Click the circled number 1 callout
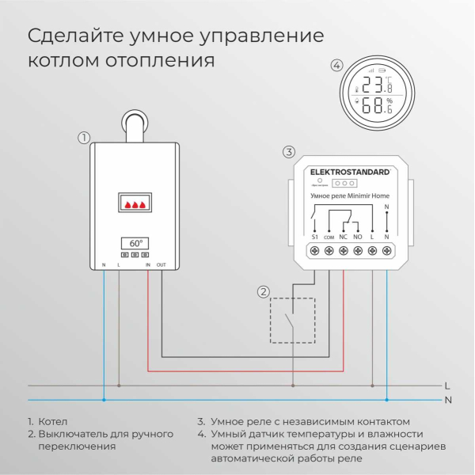point(84,138)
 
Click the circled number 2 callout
point(263,292)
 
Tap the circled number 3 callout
point(289,151)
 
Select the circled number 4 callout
point(337,66)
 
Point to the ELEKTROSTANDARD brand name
point(349,171)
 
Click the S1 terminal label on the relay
point(313,236)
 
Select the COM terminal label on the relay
point(329,237)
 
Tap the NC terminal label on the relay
point(343,236)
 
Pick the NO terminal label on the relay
point(358,236)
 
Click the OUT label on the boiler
point(161,264)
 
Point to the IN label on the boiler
point(148,264)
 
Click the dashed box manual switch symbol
point(292,320)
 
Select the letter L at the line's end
point(447,386)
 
